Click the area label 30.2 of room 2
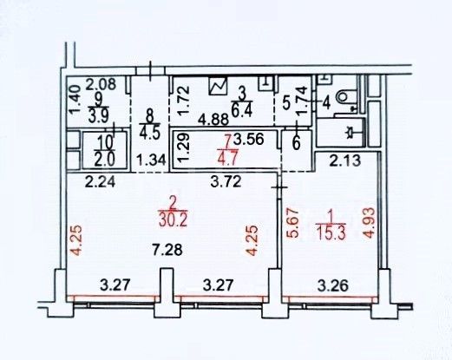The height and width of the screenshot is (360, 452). [174, 221]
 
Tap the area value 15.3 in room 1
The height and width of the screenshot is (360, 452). [331, 232]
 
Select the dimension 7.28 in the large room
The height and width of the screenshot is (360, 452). [167, 250]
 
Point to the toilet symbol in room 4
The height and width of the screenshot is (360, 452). [346, 97]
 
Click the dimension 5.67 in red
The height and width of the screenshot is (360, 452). [292, 223]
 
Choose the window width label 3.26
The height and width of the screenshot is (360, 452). [333, 286]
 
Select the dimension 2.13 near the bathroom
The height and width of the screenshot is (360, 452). [345, 160]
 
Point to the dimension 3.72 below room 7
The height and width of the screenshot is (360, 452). [226, 182]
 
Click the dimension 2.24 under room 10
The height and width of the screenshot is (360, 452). [100, 182]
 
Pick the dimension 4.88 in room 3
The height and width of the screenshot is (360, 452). [214, 119]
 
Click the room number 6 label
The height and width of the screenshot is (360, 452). [297, 144]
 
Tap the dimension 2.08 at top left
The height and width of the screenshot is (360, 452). [102, 84]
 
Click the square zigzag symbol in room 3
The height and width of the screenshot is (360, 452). [218, 86]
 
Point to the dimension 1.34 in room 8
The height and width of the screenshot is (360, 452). [151, 160]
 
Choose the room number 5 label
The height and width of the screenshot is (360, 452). [286, 103]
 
